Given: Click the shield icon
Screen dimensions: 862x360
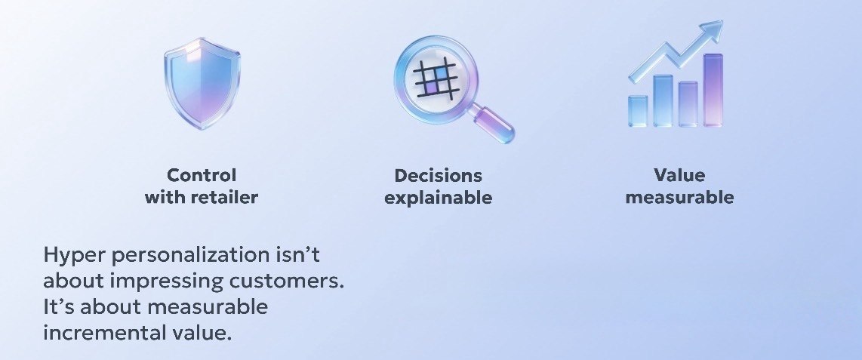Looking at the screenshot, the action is (x=202, y=84).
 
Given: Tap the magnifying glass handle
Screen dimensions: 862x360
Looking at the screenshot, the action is (x=494, y=125).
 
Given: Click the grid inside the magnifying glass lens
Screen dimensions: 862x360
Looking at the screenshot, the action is (x=435, y=79).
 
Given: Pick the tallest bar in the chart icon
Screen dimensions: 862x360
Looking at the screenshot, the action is (x=713, y=90).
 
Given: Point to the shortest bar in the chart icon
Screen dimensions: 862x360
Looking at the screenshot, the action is (x=638, y=112).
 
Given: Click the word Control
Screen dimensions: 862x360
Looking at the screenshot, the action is (x=202, y=175).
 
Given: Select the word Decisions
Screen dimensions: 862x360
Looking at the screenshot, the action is (x=438, y=175).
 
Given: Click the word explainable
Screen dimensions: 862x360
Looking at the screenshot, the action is (x=438, y=197).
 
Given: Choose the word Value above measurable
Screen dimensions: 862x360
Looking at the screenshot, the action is (x=679, y=175).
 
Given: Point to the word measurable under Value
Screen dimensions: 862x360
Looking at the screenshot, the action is (x=679, y=197).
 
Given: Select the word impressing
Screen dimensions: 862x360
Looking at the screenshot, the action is (x=167, y=281).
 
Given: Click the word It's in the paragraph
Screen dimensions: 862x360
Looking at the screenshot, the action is (x=59, y=306).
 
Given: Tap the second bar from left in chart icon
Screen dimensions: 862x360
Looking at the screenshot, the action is (x=663, y=101).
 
